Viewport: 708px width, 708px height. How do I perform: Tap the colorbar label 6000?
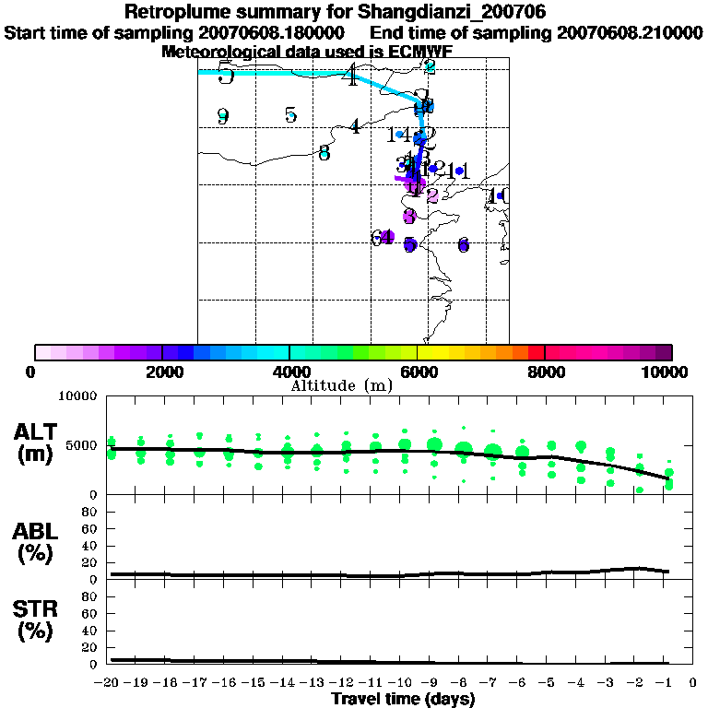(x=418, y=372)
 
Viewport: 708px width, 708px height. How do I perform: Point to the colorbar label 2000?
(x=160, y=372)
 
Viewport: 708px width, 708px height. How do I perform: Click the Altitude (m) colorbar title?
(x=341, y=385)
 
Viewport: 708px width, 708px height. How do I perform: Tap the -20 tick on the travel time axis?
(x=109, y=683)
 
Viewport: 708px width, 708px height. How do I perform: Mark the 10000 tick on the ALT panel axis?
(x=81, y=396)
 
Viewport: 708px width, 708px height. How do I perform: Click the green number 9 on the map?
(x=222, y=116)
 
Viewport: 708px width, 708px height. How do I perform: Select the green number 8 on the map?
(x=324, y=153)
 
